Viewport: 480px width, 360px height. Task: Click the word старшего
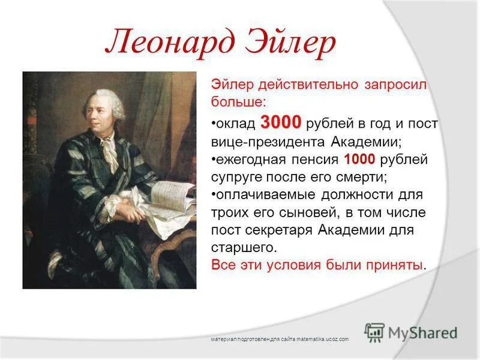[236, 248]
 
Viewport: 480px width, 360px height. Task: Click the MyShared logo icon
[375, 332]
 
